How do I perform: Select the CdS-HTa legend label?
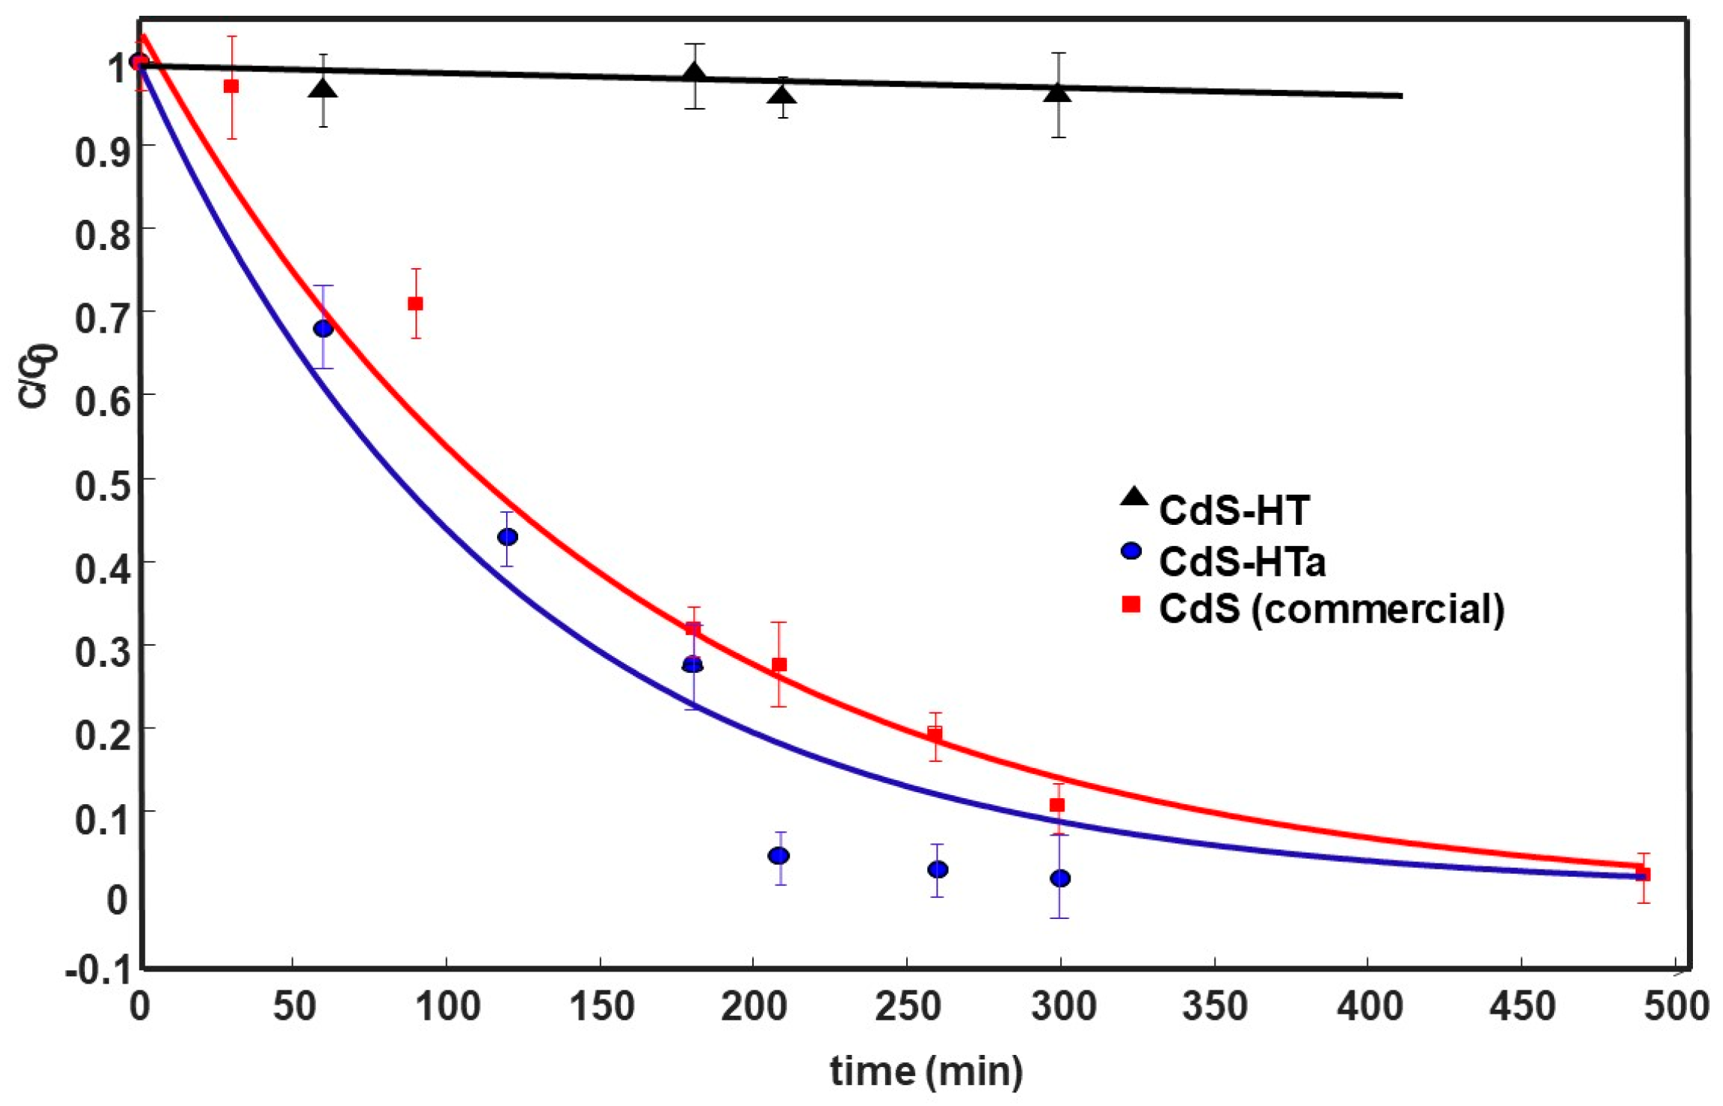click(1242, 562)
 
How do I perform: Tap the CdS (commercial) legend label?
click(1331, 608)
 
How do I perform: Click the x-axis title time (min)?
click(926, 1071)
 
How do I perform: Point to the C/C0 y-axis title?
click(36, 375)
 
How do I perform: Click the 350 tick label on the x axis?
click(1214, 1006)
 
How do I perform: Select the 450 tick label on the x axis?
click(1522, 1006)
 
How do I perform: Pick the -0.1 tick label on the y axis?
click(97, 971)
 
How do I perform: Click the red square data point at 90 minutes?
click(415, 303)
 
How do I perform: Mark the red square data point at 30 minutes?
click(231, 86)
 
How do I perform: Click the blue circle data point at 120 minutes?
click(508, 537)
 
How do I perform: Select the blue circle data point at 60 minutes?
click(323, 328)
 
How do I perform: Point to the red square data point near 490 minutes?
click(1642, 874)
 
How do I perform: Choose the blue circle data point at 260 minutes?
click(937, 869)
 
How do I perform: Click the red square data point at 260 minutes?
click(934, 734)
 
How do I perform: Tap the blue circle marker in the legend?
click(1131, 552)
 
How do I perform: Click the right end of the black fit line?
click(1400, 96)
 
